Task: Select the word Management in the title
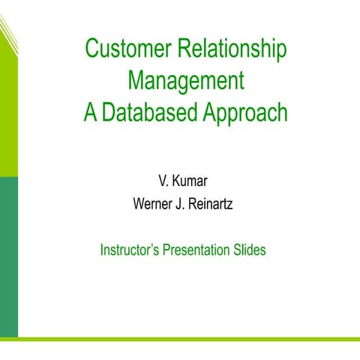click(x=186, y=80)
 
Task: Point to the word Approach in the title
click(x=246, y=112)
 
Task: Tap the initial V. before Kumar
click(x=163, y=181)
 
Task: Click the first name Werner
click(x=152, y=202)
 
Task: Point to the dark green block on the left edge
click(x=8, y=255)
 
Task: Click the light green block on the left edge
click(x=8, y=112)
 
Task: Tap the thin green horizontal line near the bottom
click(x=187, y=339)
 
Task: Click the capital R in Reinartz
click(x=193, y=202)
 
